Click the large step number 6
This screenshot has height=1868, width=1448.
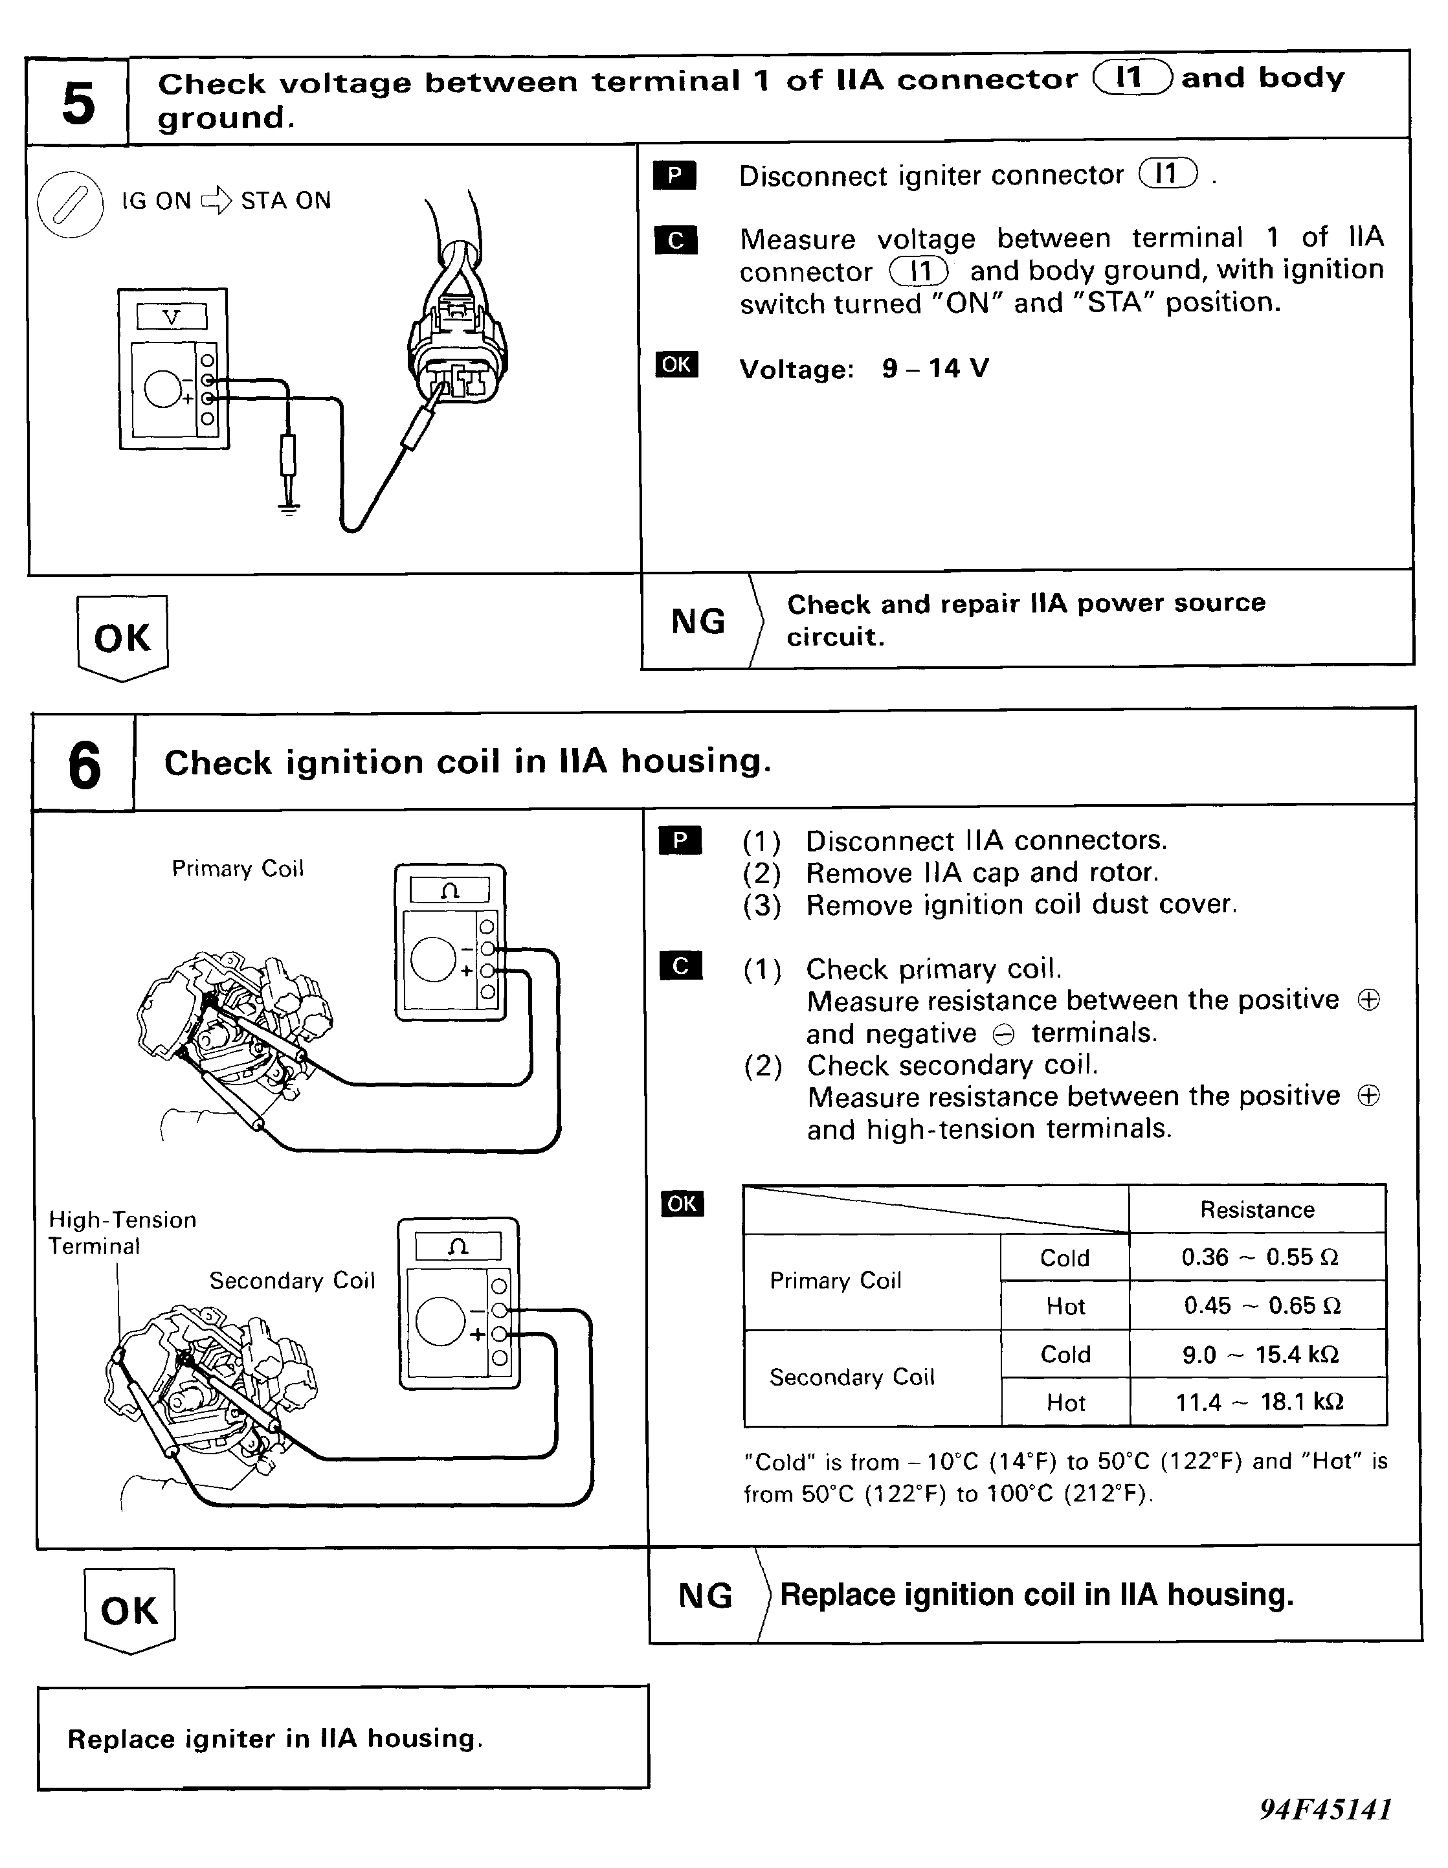[x=84, y=764]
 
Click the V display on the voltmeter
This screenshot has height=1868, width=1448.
[x=172, y=317]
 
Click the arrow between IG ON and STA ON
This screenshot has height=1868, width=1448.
[x=216, y=201]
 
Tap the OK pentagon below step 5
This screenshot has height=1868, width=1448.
[x=122, y=637]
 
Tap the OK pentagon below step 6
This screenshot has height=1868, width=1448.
[x=129, y=1610]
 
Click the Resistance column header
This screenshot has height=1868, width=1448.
[x=1256, y=1210]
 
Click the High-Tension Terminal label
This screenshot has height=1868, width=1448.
[x=122, y=1233]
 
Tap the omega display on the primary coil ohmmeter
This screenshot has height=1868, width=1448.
[x=450, y=890]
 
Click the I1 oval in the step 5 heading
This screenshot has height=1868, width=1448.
[x=1131, y=78]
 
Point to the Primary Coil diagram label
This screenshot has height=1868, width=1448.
[x=238, y=869]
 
